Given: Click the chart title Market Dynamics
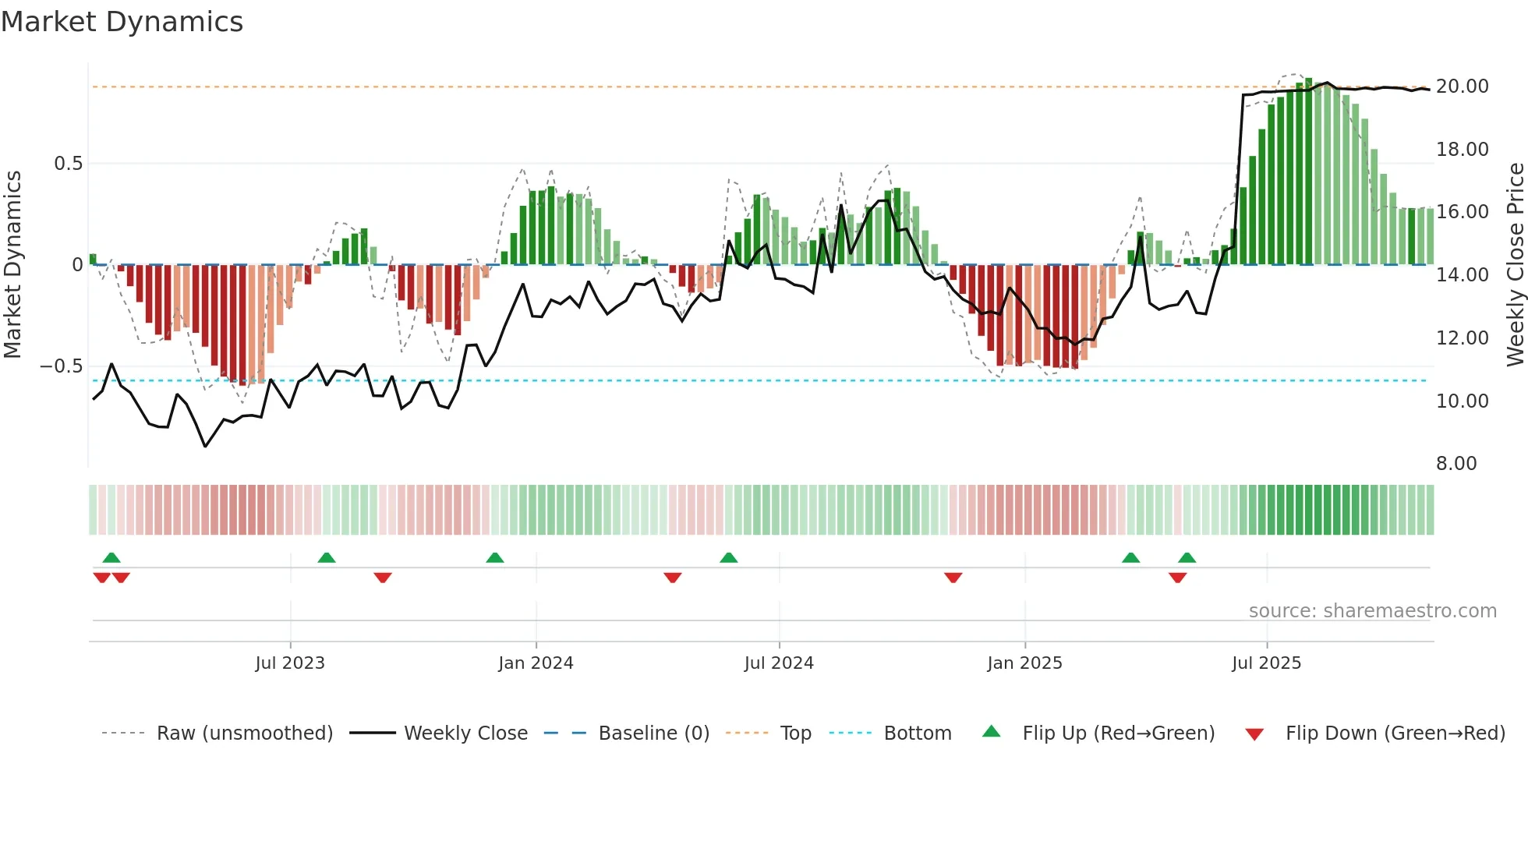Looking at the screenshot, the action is [x=122, y=22].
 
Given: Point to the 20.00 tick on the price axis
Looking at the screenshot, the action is [x=1462, y=87].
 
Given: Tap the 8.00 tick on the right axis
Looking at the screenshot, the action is [x=1456, y=464].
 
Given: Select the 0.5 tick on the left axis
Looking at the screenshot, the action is [x=68, y=164].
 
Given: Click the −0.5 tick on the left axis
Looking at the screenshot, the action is [x=62, y=366].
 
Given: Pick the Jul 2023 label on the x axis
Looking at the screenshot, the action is [x=290, y=663].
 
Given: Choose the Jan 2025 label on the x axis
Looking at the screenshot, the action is [x=1024, y=663].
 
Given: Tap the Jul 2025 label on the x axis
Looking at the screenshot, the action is [x=1266, y=663].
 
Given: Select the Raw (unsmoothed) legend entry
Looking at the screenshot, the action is [x=244, y=734].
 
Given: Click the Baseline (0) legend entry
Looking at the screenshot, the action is [x=653, y=734].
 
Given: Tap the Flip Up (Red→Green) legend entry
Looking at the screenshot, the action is [x=1118, y=734].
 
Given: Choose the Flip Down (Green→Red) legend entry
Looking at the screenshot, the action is [x=1395, y=734].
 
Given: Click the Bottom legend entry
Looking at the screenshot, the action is [x=917, y=734].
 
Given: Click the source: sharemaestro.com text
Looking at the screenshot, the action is [x=1372, y=611].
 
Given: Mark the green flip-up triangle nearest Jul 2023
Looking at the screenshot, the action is [x=327, y=558].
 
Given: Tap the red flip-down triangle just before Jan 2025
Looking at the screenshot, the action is [x=953, y=578].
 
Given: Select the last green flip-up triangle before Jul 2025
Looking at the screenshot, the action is [x=1187, y=558].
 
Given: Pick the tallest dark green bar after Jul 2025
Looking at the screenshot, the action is [x=1309, y=171].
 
